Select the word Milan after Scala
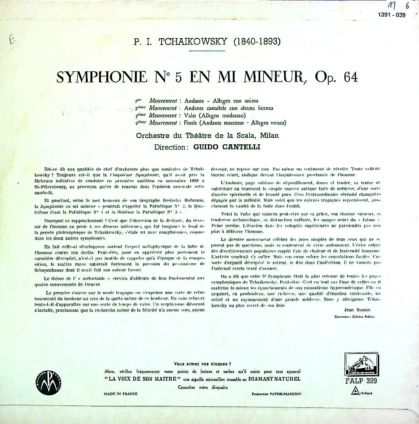pyautogui.click(x=269, y=136)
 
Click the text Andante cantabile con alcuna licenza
pyautogui.click(x=228, y=108)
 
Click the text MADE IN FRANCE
pyautogui.click(x=121, y=394)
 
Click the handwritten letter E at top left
pyautogui.click(x=12, y=41)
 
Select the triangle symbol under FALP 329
pyautogui.click(x=353, y=392)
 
